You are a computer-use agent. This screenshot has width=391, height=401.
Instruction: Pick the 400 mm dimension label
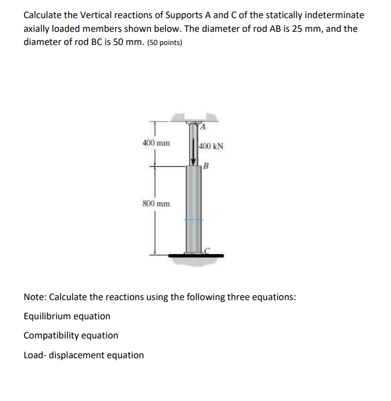click(x=156, y=143)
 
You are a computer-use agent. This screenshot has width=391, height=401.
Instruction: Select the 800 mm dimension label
click(x=156, y=204)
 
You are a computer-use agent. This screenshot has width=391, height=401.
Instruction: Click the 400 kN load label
click(x=211, y=146)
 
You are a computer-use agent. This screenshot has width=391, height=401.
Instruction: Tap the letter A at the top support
click(x=202, y=127)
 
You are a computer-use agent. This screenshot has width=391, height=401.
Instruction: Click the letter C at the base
click(x=206, y=250)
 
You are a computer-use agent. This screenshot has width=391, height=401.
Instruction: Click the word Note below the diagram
click(x=34, y=297)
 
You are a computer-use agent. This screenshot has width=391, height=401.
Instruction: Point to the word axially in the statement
click(x=37, y=29)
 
